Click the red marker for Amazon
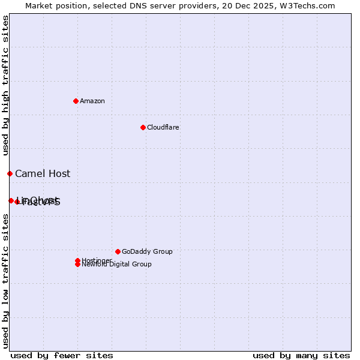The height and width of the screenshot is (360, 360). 76,101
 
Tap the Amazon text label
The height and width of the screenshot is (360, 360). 92,101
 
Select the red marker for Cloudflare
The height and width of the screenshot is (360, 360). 143,127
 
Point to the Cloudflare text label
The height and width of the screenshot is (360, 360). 163,127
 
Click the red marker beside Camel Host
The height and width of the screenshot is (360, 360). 10,173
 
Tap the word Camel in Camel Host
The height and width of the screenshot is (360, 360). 29,174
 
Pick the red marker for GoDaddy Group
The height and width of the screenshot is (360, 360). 118,251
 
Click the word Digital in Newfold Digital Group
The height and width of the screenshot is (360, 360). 119,264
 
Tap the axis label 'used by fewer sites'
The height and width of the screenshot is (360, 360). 62,355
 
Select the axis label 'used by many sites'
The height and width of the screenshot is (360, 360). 301,355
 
